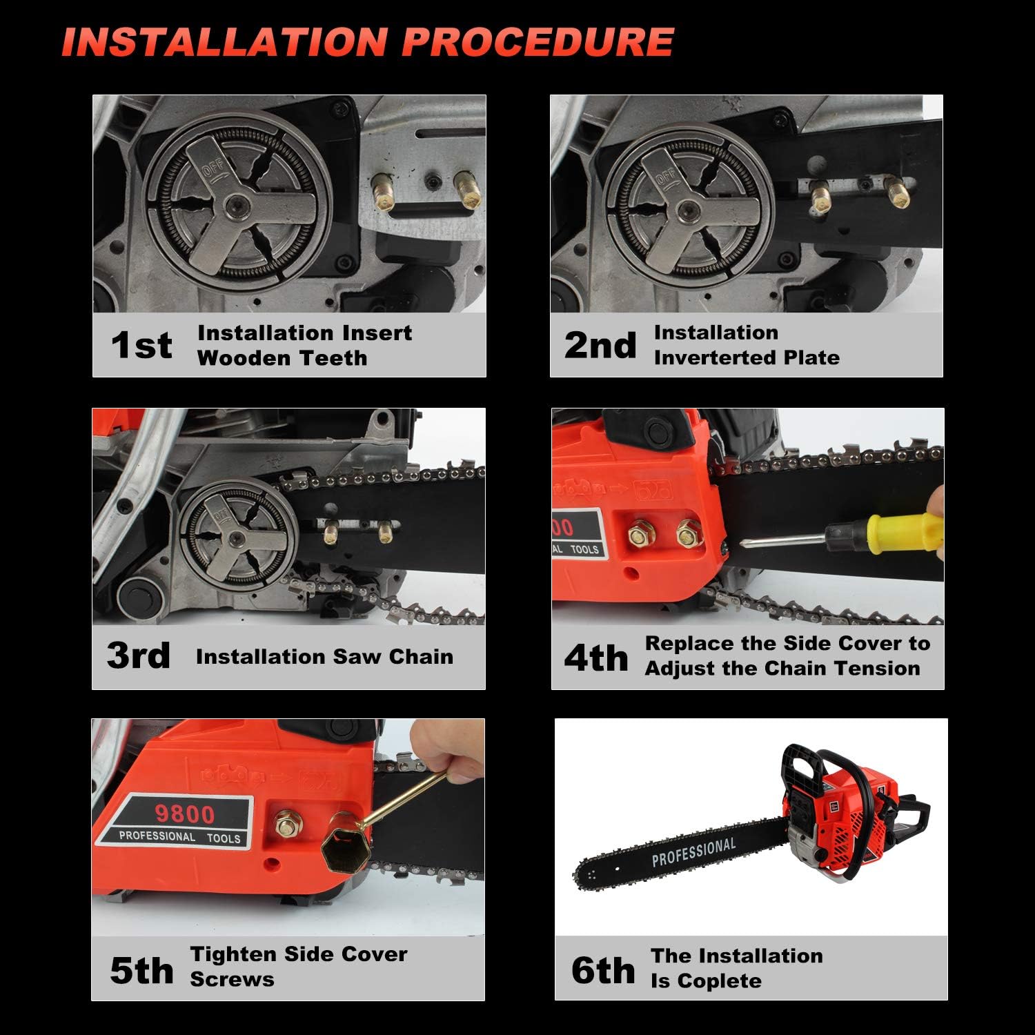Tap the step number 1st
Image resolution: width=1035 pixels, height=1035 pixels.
[x=141, y=345]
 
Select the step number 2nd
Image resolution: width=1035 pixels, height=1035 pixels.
[x=600, y=345]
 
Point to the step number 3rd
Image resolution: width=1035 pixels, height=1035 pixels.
[x=139, y=655]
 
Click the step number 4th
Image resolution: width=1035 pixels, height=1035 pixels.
[x=596, y=657]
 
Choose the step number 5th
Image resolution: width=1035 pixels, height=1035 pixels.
[x=141, y=970]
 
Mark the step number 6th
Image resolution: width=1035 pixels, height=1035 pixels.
[x=602, y=970]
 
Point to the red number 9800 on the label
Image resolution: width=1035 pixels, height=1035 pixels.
[x=184, y=814]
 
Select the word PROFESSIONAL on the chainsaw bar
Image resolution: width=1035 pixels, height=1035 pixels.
[x=693, y=852]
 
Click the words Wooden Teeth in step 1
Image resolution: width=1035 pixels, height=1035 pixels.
[x=282, y=358]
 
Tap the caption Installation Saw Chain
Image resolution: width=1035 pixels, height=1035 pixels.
[x=324, y=656]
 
